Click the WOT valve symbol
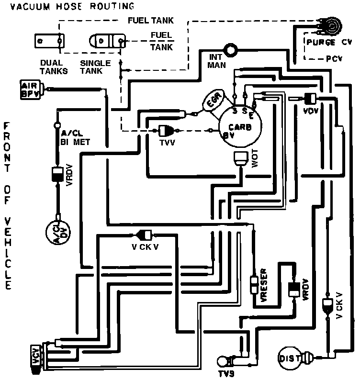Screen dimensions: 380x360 pos(239,159)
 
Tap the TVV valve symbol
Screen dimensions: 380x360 pos(168,129)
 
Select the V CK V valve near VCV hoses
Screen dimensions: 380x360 pos(144,235)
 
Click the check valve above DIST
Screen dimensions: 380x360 pos(327,304)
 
